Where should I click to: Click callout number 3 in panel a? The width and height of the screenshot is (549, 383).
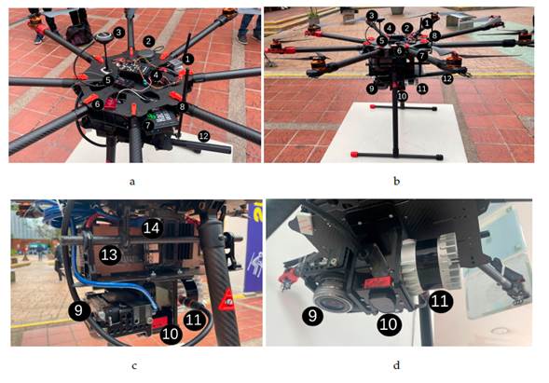(119, 32)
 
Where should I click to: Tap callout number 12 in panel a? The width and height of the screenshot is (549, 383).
(203, 136)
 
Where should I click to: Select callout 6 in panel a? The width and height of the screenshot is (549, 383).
(96, 104)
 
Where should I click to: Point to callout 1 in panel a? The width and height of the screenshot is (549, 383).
(187, 58)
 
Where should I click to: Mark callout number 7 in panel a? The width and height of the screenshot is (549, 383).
(148, 124)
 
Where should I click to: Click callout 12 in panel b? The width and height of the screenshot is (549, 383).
(447, 79)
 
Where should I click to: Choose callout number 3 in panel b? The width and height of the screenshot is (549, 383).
(371, 16)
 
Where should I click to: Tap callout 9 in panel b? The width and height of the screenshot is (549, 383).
(371, 89)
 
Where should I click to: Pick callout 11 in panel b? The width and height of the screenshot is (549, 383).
(422, 89)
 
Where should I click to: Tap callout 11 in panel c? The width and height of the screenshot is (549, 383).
(194, 320)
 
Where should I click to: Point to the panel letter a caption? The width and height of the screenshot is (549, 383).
(134, 184)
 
